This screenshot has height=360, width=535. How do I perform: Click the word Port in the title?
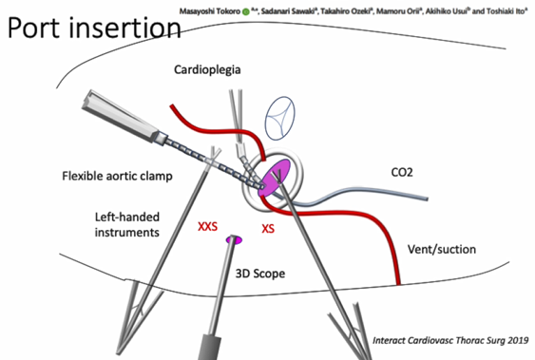[35, 28]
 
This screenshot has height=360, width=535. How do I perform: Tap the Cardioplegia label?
[207, 70]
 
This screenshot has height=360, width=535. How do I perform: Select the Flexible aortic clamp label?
[118, 176]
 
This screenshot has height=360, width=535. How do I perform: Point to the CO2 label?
[402, 172]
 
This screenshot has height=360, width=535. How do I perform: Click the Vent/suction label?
[442, 249]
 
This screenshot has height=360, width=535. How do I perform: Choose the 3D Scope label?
[260, 274]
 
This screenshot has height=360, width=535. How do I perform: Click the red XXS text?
[207, 226]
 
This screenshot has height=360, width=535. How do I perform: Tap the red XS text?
[268, 228]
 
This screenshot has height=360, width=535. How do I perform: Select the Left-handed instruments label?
[127, 225]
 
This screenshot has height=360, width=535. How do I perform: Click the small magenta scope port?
[235, 239]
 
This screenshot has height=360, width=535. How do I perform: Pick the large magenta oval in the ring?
[274, 178]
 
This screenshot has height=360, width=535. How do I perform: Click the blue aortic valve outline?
[279, 119]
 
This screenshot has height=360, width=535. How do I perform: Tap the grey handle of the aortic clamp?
[120, 116]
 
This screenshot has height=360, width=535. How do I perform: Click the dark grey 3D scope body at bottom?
[209, 347]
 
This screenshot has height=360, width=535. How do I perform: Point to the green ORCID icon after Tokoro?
[246, 12]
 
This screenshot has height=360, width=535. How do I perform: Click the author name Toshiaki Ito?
[506, 11]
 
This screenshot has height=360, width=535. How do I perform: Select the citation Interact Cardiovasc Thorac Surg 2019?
[450, 340]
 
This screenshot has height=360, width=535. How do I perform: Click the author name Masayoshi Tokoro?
[210, 11]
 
